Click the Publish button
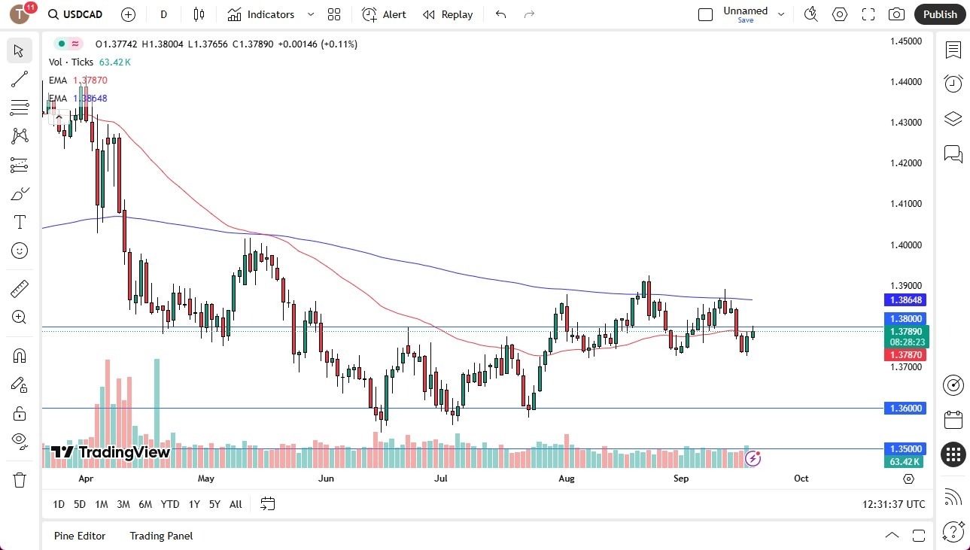click(x=940, y=14)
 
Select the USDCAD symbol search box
click(x=76, y=14)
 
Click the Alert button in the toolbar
click(x=384, y=14)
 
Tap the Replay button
click(x=448, y=14)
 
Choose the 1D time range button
click(x=59, y=504)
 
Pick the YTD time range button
click(x=170, y=504)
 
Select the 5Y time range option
click(x=214, y=504)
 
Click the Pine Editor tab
click(x=80, y=536)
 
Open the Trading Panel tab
click(x=161, y=536)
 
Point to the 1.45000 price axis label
click(x=905, y=41)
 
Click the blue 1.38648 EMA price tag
click(x=905, y=299)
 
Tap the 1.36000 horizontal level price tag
click(x=905, y=408)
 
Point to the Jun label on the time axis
click(x=326, y=479)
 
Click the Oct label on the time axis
click(x=801, y=479)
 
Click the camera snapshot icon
click(x=896, y=14)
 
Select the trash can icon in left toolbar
click(x=20, y=479)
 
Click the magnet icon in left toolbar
click(x=20, y=355)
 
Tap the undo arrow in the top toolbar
click(x=501, y=14)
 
